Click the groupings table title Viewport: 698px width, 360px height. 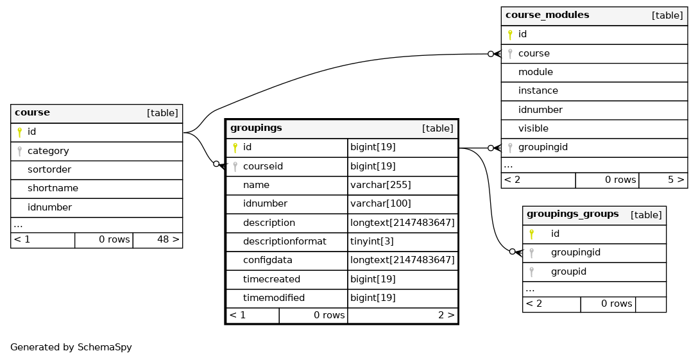point(256,128)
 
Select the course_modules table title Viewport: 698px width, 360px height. point(547,15)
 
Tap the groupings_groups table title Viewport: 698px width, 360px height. point(572,214)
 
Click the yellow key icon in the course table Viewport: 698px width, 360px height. point(20,132)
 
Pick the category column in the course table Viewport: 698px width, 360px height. point(48,151)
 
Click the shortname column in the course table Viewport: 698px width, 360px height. point(53,189)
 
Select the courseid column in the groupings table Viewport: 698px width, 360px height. point(262,167)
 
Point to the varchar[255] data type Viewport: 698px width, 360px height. point(380,185)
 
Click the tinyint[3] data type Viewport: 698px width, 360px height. point(371,241)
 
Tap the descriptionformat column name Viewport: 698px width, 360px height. point(284,241)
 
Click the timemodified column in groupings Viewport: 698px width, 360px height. point(274,298)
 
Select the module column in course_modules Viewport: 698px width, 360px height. point(536,72)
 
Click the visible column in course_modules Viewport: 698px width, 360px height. point(533,129)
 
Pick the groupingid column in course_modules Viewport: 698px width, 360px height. point(543,148)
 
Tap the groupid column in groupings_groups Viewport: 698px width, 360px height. point(568,272)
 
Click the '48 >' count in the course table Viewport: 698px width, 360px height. point(168,240)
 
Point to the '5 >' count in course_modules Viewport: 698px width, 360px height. point(676,180)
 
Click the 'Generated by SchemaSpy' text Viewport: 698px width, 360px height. point(71,348)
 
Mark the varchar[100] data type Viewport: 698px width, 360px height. point(380,204)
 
